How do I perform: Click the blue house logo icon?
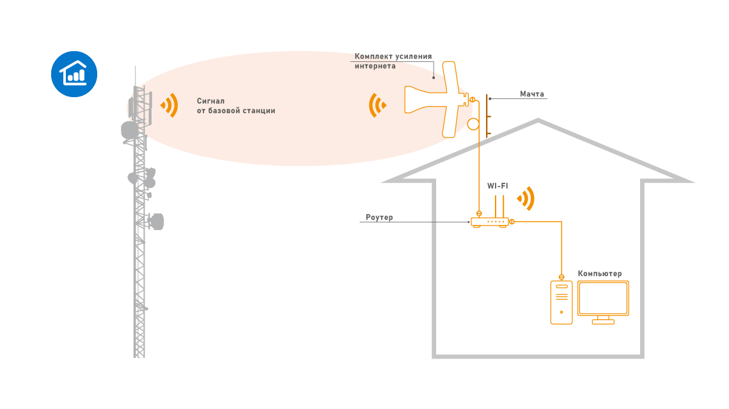pyautogui.click(x=74, y=74)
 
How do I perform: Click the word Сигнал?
pyautogui.click(x=211, y=101)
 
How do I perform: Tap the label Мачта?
pyautogui.click(x=531, y=94)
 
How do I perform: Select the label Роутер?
pyautogui.click(x=379, y=217)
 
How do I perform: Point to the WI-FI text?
pyautogui.click(x=498, y=186)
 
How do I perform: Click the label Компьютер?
pyautogui.click(x=600, y=274)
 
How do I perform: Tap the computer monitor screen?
pyautogui.click(x=603, y=298)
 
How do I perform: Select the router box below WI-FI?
pyautogui.click(x=490, y=222)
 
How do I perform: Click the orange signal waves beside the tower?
pyautogui.click(x=169, y=105)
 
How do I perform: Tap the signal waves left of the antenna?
pyautogui.click(x=378, y=105)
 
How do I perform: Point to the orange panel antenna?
pyautogui.click(x=441, y=99)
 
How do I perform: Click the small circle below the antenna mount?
pyautogui.click(x=474, y=123)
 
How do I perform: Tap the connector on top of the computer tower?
pyautogui.click(x=561, y=278)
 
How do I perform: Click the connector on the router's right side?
pyautogui.click(x=512, y=222)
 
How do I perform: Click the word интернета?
pyautogui.click(x=375, y=66)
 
